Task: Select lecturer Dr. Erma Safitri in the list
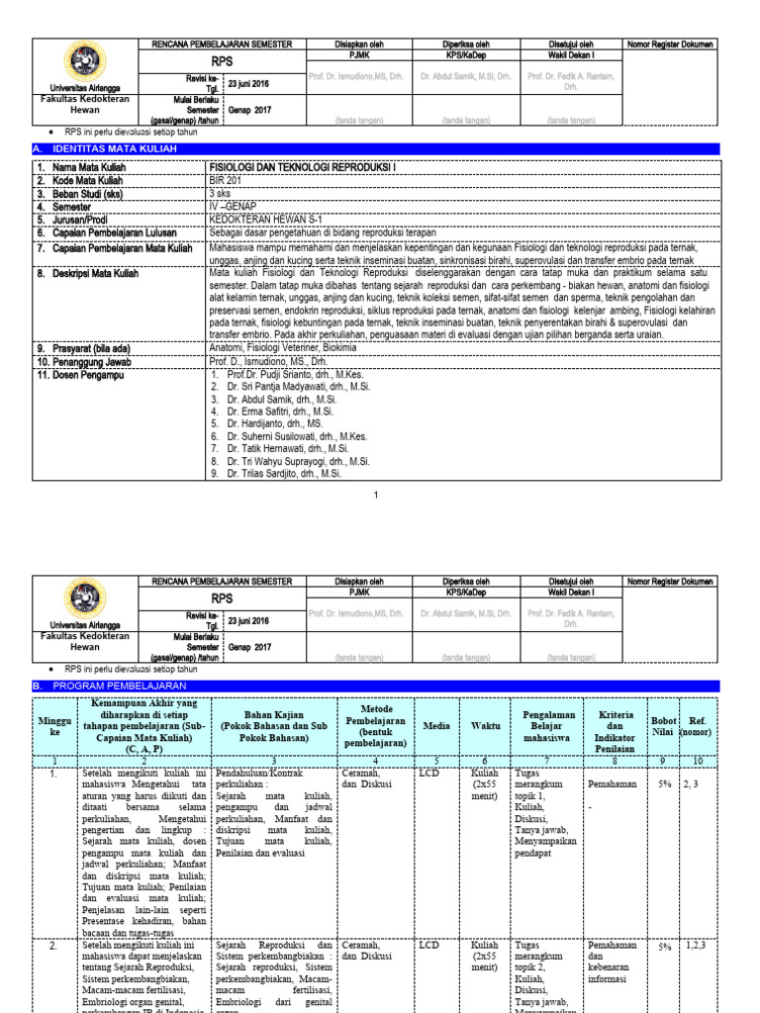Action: (281, 411)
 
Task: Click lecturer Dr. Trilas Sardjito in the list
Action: (284, 474)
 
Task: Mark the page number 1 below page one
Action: (376, 495)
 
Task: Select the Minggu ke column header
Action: (54, 727)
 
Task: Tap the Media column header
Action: (436, 726)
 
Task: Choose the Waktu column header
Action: (485, 726)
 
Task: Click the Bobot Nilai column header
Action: (662, 726)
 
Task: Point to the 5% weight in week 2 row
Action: (664, 947)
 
